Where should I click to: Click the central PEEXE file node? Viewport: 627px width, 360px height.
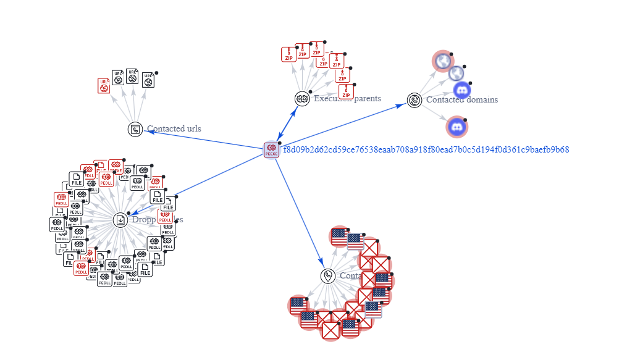[271, 149]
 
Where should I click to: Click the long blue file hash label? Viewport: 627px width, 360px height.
[426, 149]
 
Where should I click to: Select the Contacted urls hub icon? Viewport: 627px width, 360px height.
[135, 129]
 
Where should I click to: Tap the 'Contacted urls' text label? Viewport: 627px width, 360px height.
[174, 129]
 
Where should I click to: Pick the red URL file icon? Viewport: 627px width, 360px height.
[104, 86]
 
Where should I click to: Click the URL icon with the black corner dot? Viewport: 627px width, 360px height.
[148, 80]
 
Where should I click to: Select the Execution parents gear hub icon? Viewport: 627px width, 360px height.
[302, 98]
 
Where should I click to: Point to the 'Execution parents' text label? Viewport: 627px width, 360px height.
[347, 98]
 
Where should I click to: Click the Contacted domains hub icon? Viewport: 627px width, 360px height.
[414, 100]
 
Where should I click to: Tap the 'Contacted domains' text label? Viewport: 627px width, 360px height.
[461, 99]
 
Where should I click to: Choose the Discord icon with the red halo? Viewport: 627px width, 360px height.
[457, 127]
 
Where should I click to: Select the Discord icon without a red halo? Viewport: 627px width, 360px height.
[462, 90]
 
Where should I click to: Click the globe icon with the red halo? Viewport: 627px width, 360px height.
[442, 61]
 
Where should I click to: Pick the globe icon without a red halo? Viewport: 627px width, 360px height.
[456, 73]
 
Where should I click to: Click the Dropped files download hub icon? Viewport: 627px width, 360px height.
[120, 219]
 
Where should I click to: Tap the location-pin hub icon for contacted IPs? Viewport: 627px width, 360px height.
[328, 276]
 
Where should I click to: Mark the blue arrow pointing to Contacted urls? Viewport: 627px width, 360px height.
[204, 140]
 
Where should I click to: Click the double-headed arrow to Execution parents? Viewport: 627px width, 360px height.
[287, 123]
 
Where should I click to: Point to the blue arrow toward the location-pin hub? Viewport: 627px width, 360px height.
[300, 212]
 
